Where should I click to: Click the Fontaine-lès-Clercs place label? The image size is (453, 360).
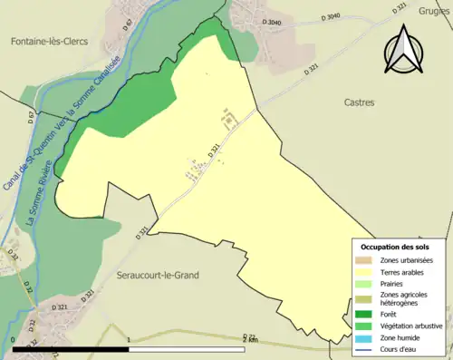(49, 41)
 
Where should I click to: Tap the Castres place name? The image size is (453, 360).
(359, 102)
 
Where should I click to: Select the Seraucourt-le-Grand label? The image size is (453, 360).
(164, 275)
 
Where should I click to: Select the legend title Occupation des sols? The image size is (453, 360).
(395, 247)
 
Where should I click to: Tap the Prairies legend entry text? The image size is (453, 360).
(396, 283)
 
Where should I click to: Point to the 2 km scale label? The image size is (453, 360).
(251, 341)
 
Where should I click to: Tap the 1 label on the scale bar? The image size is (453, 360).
(130, 341)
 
